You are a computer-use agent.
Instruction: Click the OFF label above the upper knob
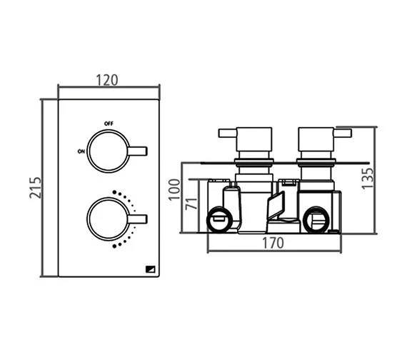pos(109,124)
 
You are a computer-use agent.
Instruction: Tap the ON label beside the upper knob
pos(81,151)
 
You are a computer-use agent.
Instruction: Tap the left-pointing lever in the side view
pos(228,133)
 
